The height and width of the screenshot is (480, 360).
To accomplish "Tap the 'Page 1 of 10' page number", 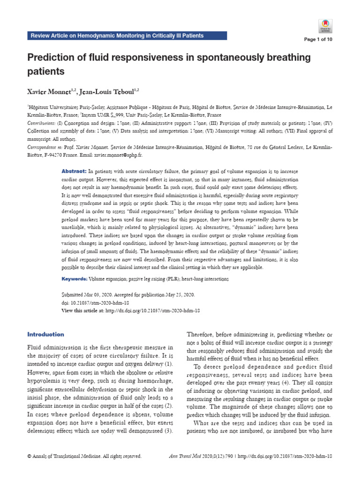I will [x=318, y=39].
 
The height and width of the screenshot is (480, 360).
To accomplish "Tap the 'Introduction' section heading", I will [x=46, y=334].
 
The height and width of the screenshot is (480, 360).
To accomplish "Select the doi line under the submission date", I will [x=92, y=303].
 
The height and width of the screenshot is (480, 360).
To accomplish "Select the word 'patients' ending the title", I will [x=45, y=72].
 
